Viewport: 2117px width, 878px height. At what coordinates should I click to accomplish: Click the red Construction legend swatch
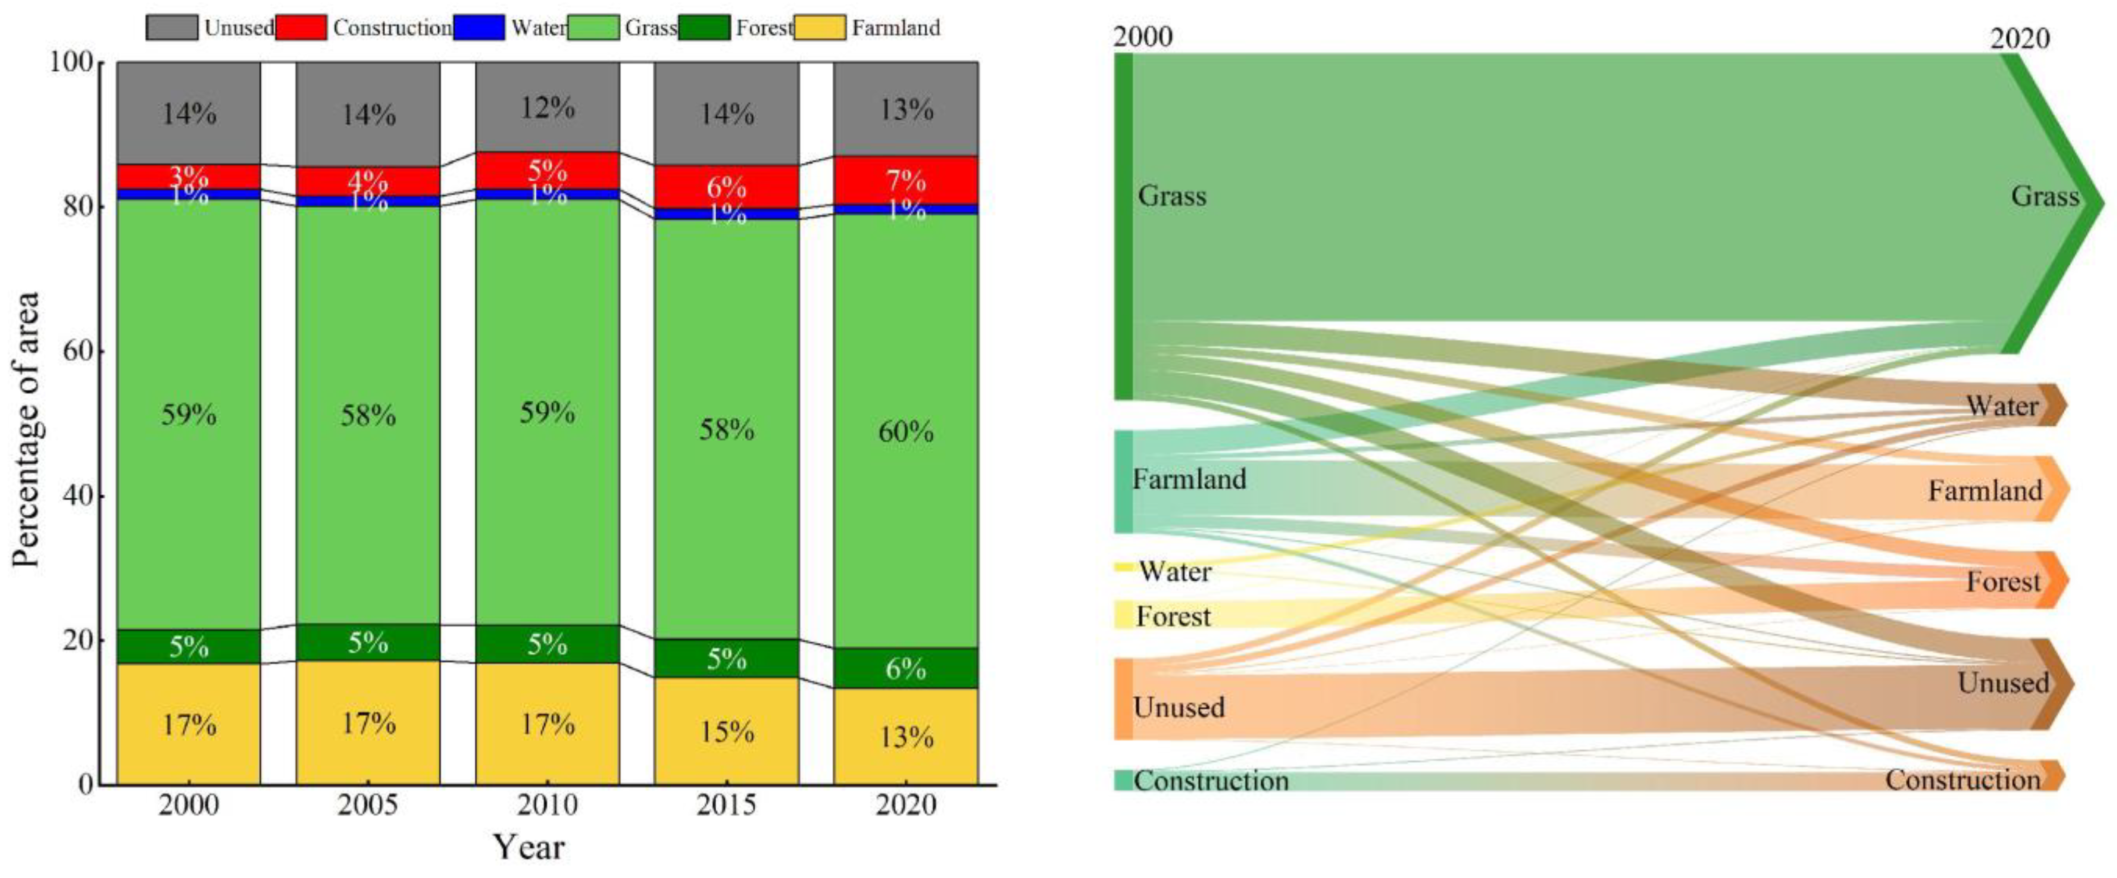(x=301, y=27)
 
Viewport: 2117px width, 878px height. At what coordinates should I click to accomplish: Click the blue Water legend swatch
(x=478, y=27)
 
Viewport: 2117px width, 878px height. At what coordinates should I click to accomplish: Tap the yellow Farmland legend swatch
(x=819, y=27)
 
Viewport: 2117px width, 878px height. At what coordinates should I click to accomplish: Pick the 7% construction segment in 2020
(x=906, y=180)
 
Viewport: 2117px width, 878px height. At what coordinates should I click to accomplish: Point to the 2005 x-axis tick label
(x=368, y=805)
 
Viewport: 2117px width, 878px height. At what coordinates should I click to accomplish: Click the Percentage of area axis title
(x=27, y=429)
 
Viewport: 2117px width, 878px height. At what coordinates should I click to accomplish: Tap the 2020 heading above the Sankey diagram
(x=2019, y=39)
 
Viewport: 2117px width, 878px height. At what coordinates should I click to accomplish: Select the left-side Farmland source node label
(x=1189, y=479)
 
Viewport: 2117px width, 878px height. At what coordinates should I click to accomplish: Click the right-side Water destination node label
(x=2002, y=406)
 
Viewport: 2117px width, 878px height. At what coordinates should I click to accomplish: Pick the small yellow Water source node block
(x=1123, y=567)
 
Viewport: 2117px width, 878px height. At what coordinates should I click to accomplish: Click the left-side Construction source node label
(x=1211, y=780)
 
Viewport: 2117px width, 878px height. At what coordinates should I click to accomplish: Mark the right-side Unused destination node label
(x=2003, y=682)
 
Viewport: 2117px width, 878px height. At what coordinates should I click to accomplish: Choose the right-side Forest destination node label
(x=2003, y=581)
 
